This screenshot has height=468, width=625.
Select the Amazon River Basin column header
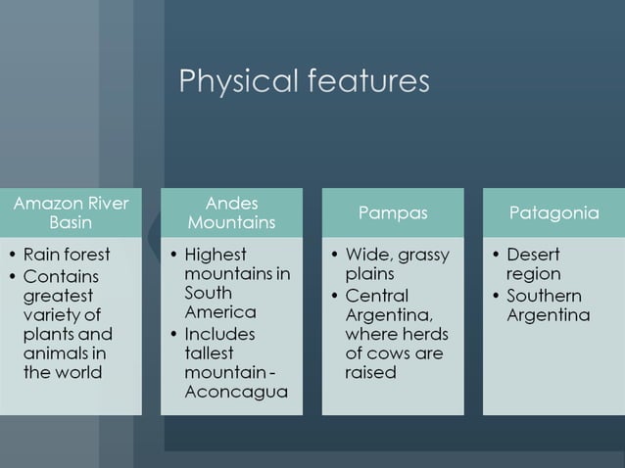[x=71, y=212]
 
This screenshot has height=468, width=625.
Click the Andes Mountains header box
[x=232, y=212]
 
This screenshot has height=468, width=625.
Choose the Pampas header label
[x=393, y=212]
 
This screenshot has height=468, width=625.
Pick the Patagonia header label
[x=553, y=212]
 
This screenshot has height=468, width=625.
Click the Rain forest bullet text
[x=67, y=255]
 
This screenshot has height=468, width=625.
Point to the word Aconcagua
[x=236, y=393]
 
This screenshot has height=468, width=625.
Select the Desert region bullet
[x=534, y=264]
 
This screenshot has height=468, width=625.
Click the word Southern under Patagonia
[x=544, y=296]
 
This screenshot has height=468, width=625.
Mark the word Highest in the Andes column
[x=216, y=255]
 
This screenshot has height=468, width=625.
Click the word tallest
[x=209, y=353]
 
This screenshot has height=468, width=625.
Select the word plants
[x=51, y=334]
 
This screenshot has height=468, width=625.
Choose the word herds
[x=422, y=334]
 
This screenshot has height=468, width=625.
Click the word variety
[x=52, y=314]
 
